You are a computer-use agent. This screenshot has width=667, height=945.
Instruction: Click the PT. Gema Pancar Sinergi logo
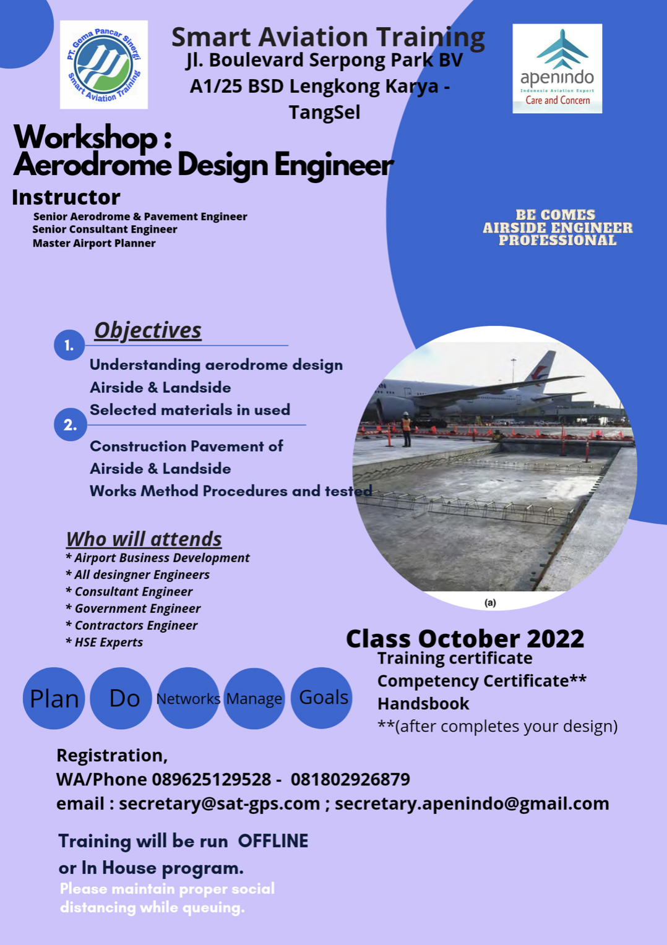point(104,64)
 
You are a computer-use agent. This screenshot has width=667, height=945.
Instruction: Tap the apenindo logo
point(557,69)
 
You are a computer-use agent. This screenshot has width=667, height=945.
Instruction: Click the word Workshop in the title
point(86,137)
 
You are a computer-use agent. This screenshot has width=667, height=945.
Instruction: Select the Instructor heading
point(66,197)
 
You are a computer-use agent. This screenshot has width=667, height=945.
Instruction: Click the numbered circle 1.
point(69,345)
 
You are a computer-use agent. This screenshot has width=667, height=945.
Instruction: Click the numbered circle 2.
point(70,424)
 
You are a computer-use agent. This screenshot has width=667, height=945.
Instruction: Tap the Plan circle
point(54,698)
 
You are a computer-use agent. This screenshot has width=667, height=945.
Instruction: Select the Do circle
point(121,698)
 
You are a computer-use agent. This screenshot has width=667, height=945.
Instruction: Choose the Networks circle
point(188,698)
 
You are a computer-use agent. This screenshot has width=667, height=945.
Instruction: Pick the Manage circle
point(254,698)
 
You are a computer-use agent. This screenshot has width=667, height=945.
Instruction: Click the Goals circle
point(322,698)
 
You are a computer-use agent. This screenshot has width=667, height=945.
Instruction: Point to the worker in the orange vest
point(406,429)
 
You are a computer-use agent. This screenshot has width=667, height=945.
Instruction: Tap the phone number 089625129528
point(211,780)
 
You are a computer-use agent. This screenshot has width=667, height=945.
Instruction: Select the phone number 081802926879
point(350,780)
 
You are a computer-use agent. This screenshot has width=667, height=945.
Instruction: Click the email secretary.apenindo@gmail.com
point(472,804)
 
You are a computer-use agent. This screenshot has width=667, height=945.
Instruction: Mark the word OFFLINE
point(273,841)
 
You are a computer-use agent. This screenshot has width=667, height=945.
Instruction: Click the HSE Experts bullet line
point(105,643)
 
